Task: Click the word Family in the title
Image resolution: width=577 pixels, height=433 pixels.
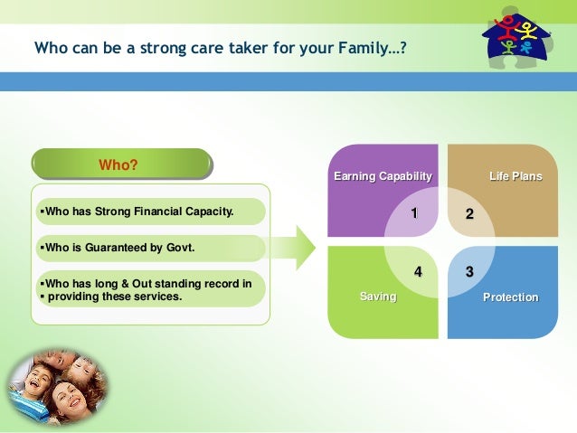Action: coord(363,48)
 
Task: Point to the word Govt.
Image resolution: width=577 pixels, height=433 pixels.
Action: coord(180,248)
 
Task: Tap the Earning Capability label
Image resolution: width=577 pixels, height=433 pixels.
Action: coord(383,176)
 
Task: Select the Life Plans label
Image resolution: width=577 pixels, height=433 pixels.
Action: coord(516,176)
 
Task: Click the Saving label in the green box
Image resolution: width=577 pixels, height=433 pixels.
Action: coord(378,297)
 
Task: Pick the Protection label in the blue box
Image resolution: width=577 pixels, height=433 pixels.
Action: coord(510,297)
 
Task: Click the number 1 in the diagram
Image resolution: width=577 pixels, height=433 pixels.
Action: coord(414,213)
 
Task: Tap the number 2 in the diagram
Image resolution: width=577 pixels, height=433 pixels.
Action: coord(469,213)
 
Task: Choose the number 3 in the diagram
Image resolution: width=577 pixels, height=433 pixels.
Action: coord(469,272)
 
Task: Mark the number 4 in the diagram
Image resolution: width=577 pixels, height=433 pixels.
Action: coord(418,272)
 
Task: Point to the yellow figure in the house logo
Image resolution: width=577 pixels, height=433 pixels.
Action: coord(526,31)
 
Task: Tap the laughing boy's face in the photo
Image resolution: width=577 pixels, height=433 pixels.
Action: coord(35,381)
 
